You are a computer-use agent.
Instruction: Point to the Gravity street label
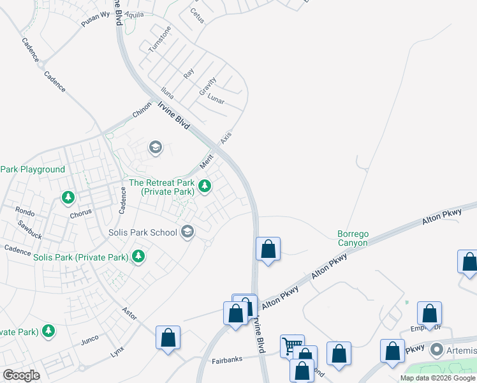tap(208, 87)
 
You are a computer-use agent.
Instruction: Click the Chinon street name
tap(142, 110)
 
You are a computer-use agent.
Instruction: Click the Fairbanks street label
tap(227, 359)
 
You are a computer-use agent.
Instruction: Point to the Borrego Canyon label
tap(353, 238)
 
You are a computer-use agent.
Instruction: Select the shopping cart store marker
tap(292, 345)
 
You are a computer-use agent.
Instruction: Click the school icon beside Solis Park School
tap(187, 232)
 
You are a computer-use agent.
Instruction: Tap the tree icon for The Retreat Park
tap(205, 186)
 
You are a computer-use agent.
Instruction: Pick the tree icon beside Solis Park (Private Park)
tap(138, 257)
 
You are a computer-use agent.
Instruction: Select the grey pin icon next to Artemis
tap(437, 350)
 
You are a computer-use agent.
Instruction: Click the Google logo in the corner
tap(22, 375)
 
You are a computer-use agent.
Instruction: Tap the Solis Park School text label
tap(142, 232)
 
